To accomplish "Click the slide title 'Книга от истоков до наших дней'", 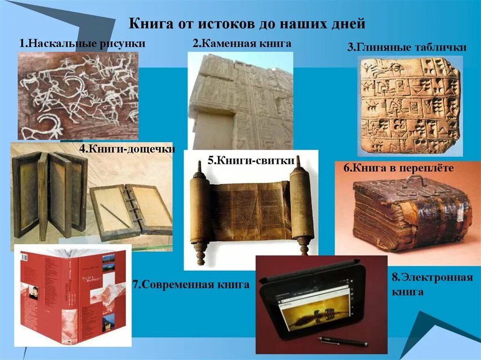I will [247, 23].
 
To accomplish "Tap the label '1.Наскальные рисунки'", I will [82, 44].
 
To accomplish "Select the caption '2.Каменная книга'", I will [241, 44].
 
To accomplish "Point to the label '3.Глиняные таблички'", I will [407, 47].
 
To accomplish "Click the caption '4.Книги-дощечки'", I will [127, 149].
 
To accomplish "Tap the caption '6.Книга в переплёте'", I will [398, 168].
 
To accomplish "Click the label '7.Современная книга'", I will [191, 284].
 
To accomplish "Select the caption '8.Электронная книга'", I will [432, 284].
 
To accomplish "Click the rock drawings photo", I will [78, 95].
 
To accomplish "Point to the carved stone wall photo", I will [240, 101].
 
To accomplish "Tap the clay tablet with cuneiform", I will [409, 106].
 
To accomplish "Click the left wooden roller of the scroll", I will [200, 211].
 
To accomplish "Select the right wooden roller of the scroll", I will [302, 207].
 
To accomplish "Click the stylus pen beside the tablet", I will [342, 342].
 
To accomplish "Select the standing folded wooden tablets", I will [49, 192].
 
